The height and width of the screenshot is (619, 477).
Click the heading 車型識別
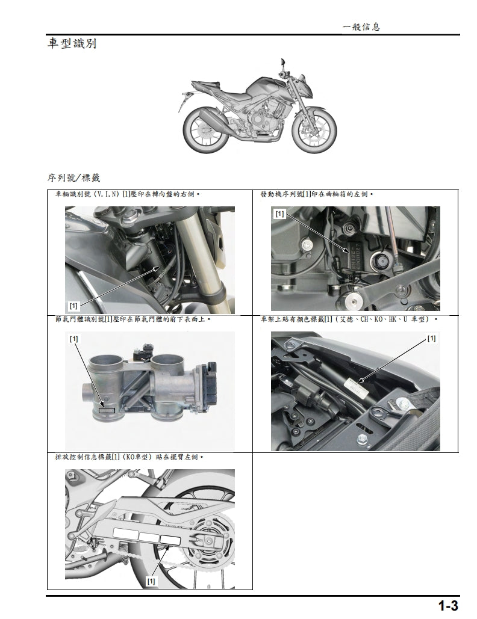tap(72, 44)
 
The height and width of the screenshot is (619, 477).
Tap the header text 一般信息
tap(361, 26)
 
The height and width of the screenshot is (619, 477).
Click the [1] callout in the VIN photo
tap(73, 305)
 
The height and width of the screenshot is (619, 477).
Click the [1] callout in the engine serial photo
tap(279, 214)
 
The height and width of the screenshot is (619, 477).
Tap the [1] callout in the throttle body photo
tap(73, 339)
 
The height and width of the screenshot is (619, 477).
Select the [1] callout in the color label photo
tap(431, 338)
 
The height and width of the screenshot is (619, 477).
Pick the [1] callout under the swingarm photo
tap(151, 581)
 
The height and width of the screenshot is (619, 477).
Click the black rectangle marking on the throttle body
tap(107, 411)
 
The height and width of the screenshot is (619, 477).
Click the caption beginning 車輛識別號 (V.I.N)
tap(128, 195)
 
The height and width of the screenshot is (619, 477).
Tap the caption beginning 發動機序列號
tap(317, 195)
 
